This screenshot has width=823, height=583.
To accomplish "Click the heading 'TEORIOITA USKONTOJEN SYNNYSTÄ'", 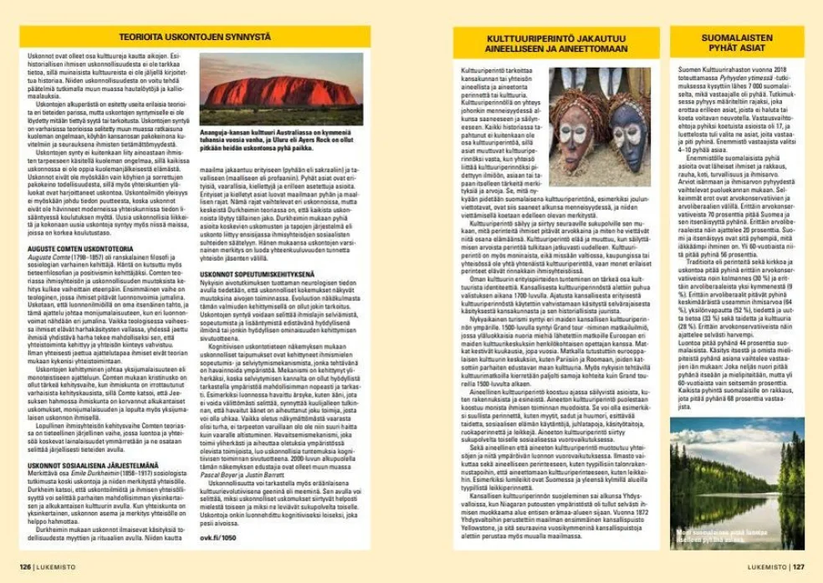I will point(194,38).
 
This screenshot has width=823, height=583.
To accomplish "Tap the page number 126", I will point(26,565).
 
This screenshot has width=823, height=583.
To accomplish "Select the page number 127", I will point(799,565).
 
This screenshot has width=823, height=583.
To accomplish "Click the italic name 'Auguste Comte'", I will point(49,234).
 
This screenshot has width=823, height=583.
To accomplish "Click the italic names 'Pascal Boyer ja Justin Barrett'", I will point(230,474).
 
